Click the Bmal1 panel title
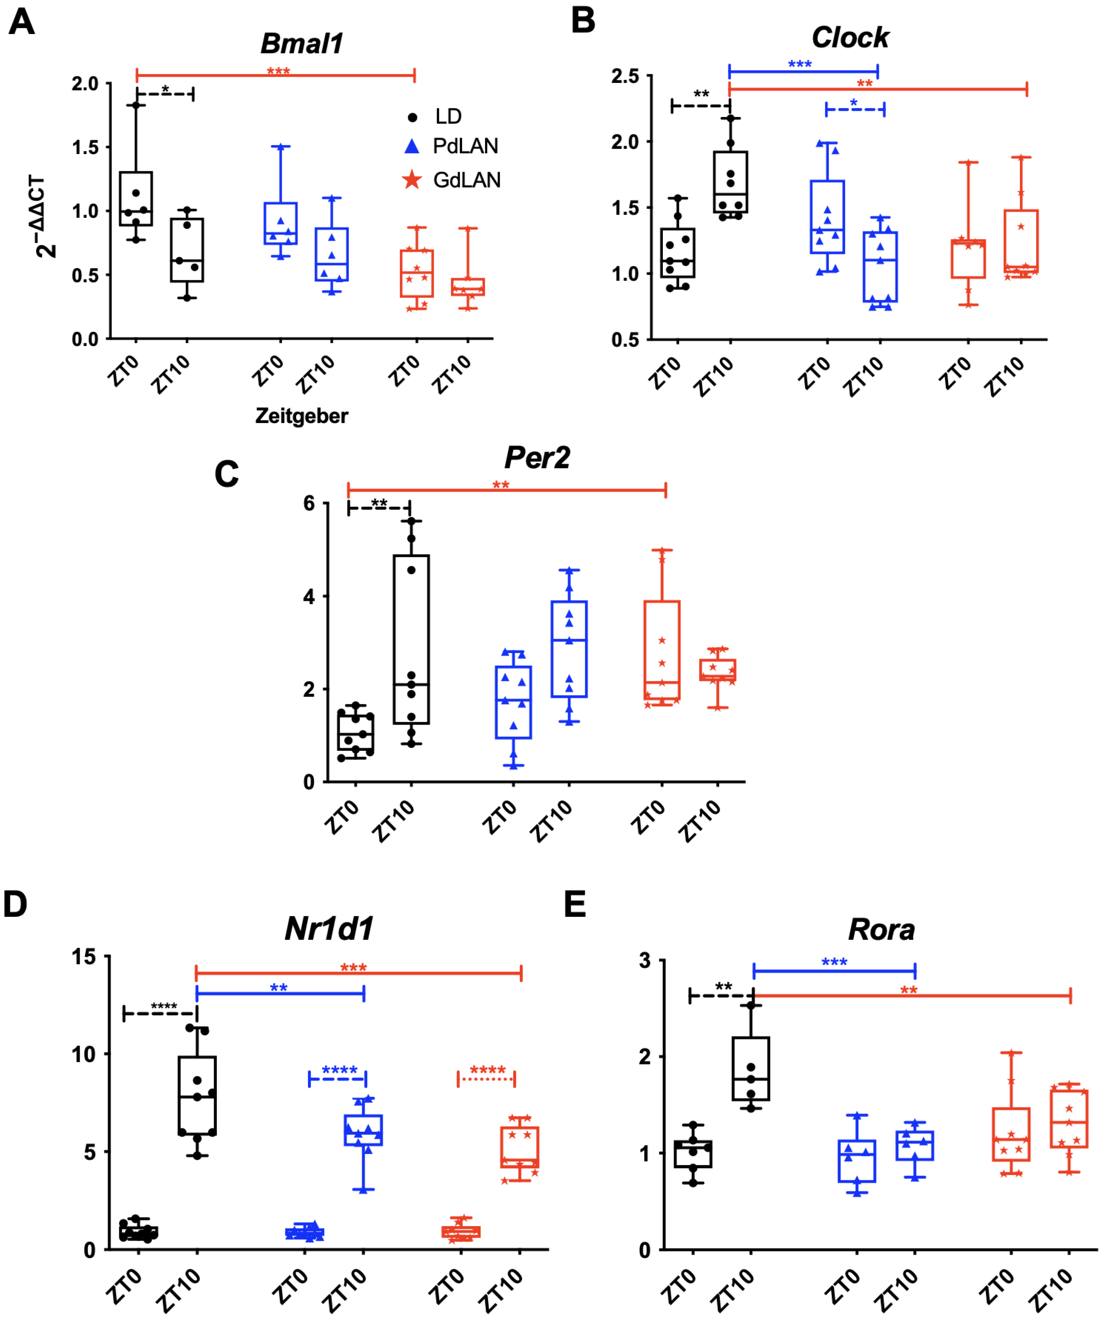[302, 43]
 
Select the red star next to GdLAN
[412, 180]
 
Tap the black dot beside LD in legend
[412, 117]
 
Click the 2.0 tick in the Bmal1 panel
[86, 84]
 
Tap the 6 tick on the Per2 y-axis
[309, 503]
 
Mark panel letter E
[575, 904]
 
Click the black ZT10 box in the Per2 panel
[411, 639]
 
